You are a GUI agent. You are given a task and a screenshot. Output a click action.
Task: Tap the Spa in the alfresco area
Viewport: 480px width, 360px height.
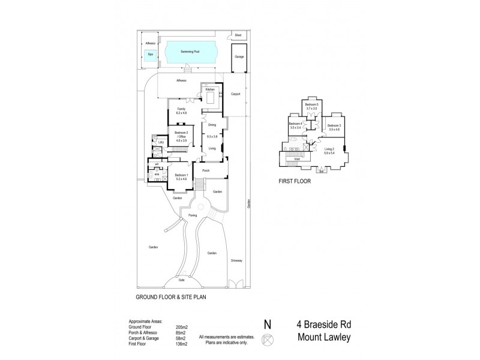[150, 55]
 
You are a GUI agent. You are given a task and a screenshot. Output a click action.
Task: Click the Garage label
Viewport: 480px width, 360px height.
[239, 56]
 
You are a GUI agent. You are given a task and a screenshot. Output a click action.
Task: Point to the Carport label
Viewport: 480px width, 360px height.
[235, 94]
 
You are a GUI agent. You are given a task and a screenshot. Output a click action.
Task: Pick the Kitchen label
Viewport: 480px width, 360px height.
[210, 89]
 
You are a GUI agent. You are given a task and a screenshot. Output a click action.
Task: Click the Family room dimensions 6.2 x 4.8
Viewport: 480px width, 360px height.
[181, 113]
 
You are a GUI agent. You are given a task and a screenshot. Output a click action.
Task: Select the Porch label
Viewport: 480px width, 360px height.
[206, 171]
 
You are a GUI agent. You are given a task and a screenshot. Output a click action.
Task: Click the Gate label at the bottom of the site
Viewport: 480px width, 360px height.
[182, 280]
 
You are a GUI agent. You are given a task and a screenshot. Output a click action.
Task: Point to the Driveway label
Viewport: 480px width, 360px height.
[236, 260]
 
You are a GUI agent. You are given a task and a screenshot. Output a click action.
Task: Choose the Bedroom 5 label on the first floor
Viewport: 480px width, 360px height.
[311, 104]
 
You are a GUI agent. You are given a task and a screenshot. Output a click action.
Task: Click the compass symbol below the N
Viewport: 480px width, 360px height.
[268, 339]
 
